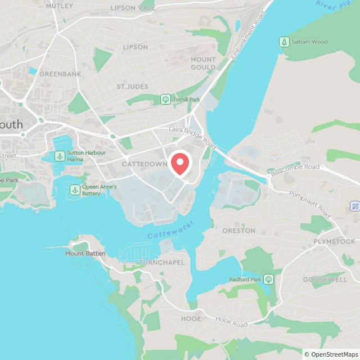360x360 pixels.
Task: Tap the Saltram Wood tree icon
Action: click(x=284, y=42)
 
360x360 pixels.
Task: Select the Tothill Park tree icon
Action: click(x=165, y=100)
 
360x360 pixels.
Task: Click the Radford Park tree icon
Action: click(x=269, y=279)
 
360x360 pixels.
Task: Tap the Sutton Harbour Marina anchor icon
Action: click(x=59, y=156)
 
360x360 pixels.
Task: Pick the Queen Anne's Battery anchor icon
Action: click(x=74, y=190)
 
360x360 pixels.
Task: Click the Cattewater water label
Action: click(x=170, y=230)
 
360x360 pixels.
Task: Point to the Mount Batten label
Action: click(x=85, y=254)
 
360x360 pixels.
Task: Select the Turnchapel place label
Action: click(x=161, y=263)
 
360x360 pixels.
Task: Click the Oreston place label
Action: click(x=238, y=231)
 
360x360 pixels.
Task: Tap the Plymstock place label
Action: click(x=335, y=241)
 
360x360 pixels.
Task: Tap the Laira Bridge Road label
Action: click(x=193, y=137)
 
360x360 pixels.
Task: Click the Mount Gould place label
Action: click(x=203, y=64)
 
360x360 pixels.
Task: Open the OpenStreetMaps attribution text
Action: click(x=330, y=354)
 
